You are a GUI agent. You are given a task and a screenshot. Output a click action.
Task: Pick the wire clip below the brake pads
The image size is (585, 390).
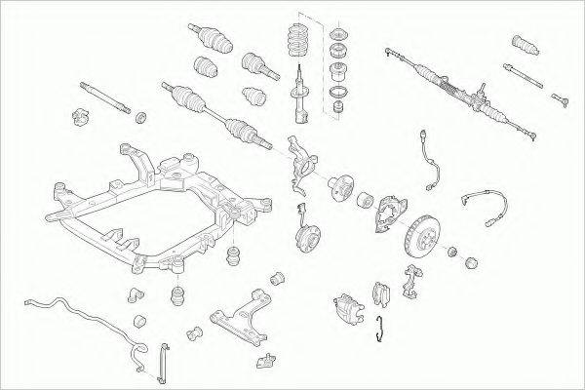(x=382, y=331)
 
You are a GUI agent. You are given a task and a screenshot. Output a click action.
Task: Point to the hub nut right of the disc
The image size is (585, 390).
(x=451, y=254)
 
